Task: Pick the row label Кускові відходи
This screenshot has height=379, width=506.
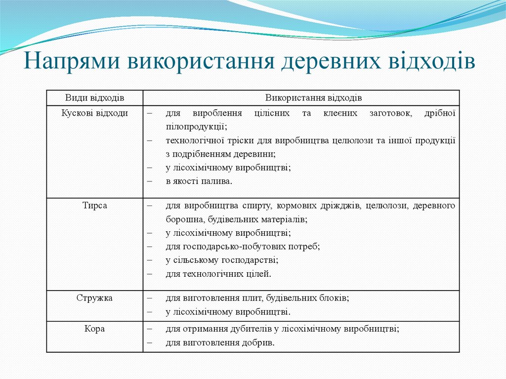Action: pyautogui.click(x=95, y=113)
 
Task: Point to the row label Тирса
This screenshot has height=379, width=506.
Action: pyautogui.click(x=95, y=205)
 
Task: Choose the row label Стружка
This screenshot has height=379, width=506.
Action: pyautogui.click(x=95, y=298)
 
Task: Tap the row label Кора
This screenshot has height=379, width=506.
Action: pyautogui.click(x=95, y=329)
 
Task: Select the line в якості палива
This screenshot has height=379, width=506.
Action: pyautogui.click(x=199, y=181)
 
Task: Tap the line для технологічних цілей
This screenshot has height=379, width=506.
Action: pyautogui.click(x=218, y=273)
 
